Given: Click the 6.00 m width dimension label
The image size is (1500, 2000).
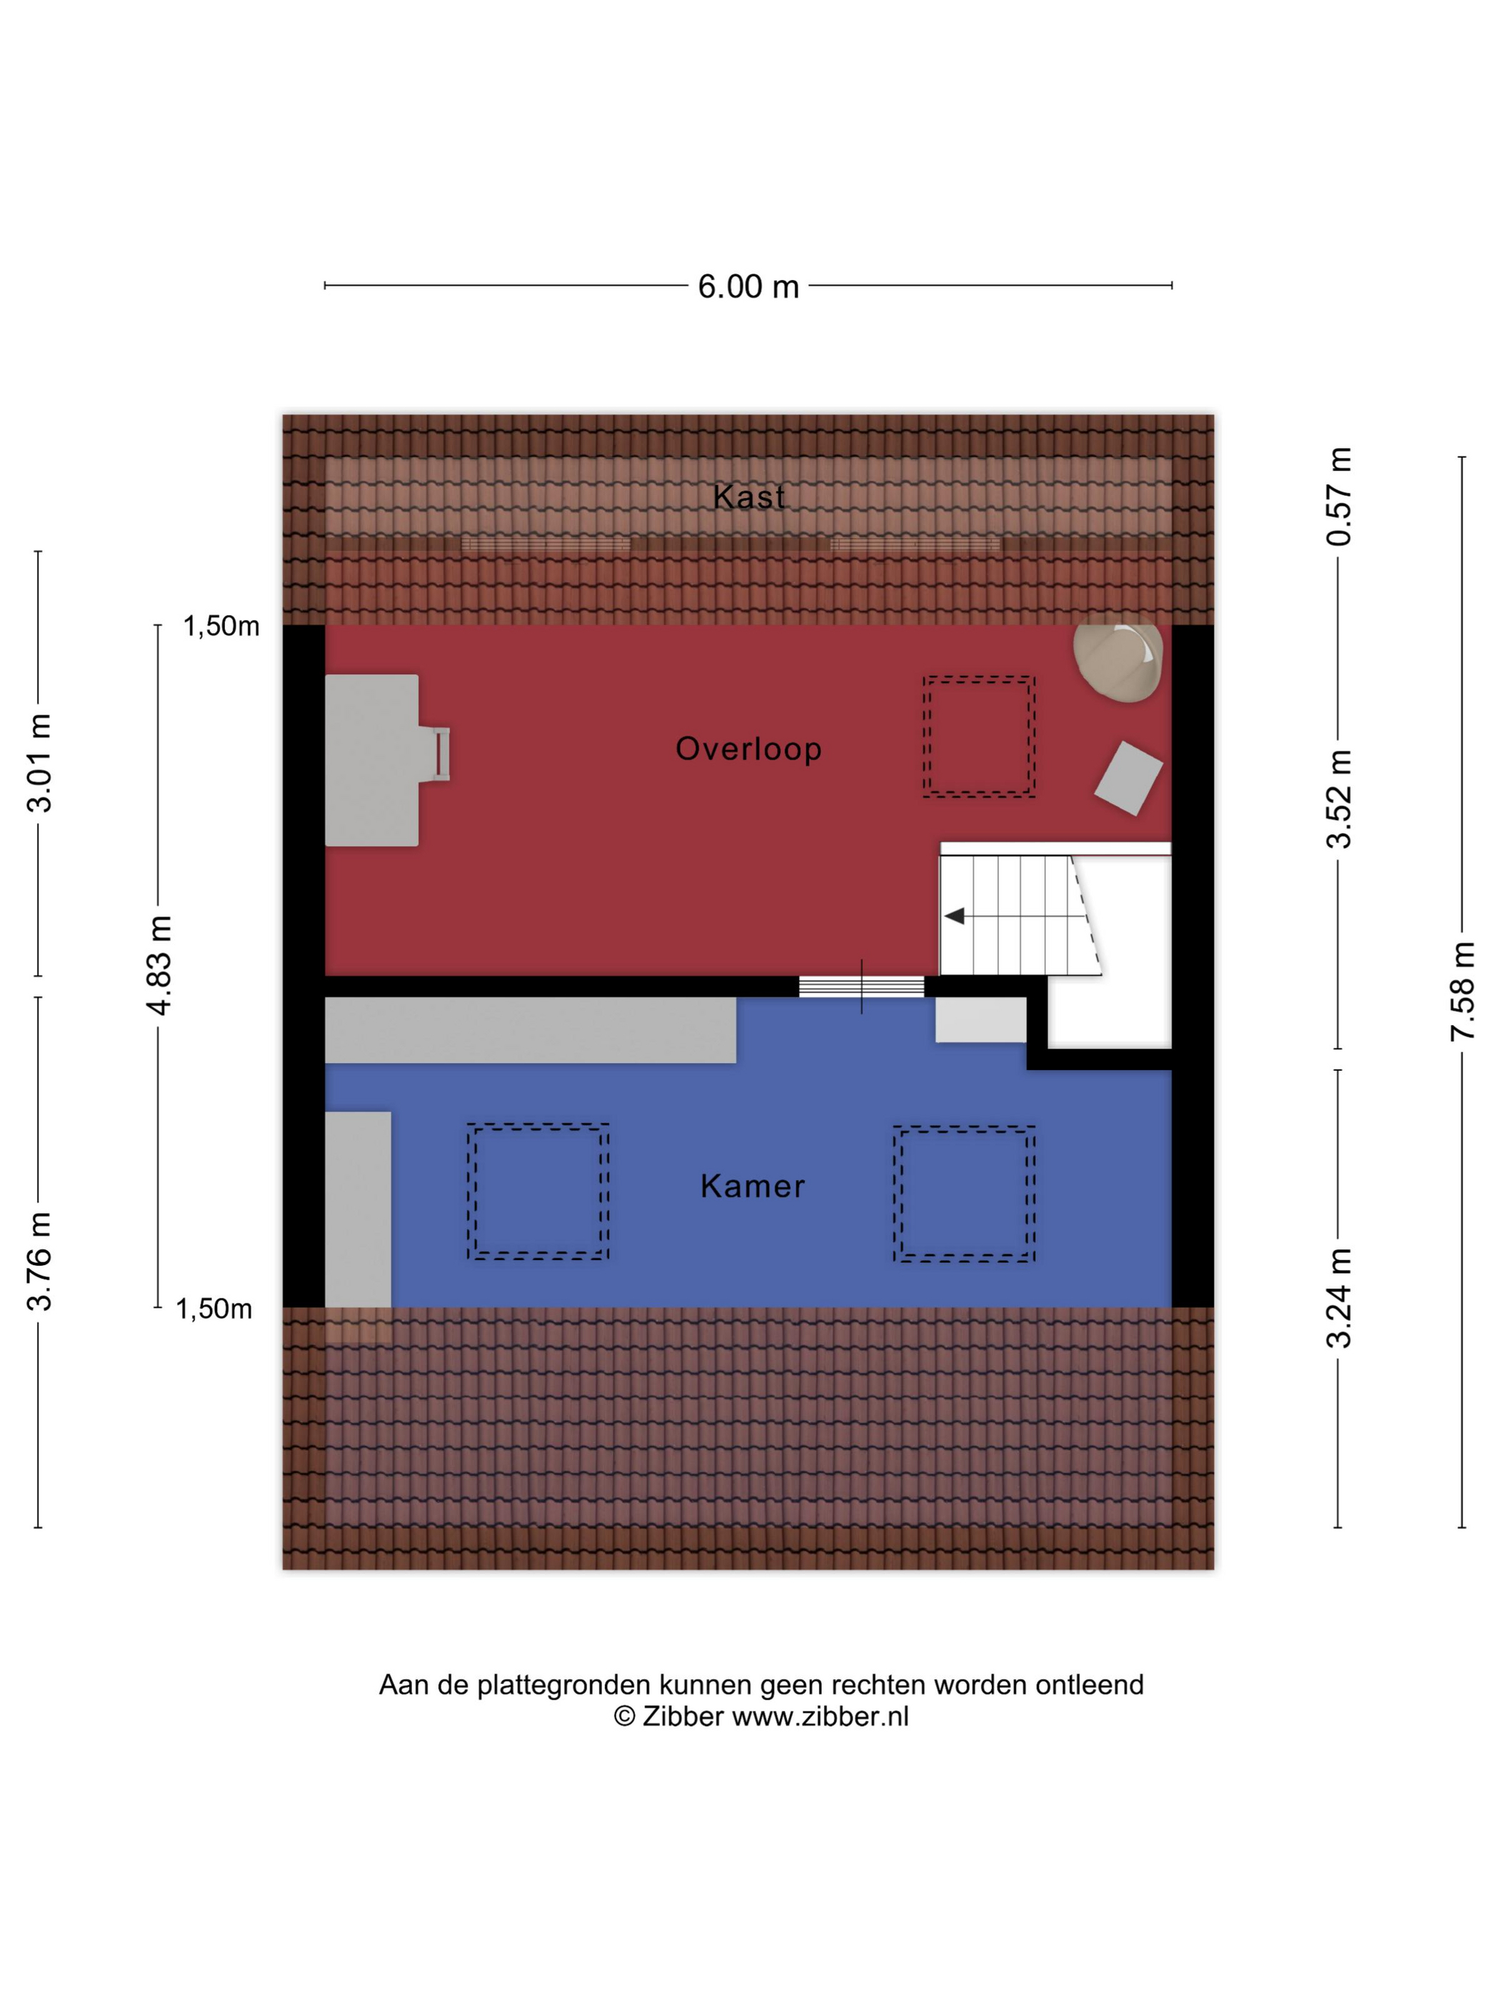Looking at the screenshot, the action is click(x=748, y=286).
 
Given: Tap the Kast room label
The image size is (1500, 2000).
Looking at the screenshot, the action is click(x=749, y=496).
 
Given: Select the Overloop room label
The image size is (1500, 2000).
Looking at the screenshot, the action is click(x=749, y=749).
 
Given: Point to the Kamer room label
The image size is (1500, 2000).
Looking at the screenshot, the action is click(x=752, y=1185).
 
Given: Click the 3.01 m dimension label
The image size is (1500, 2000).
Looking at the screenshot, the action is click(x=40, y=763).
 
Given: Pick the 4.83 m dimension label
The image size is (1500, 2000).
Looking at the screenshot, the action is click(x=160, y=965).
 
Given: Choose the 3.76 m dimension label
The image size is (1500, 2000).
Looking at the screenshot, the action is click(x=40, y=1261).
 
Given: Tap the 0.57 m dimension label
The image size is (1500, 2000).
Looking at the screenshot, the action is click(x=1339, y=496).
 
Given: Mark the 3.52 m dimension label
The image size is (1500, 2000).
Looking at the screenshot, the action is click(x=1339, y=799).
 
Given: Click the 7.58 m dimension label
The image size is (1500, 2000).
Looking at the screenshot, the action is click(x=1462, y=991).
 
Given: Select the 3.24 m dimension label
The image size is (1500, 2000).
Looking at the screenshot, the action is click(x=1339, y=1297).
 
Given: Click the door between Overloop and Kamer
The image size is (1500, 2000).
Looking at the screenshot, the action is click(x=861, y=986).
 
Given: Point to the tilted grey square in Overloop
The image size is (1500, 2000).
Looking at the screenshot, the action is click(x=1129, y=779).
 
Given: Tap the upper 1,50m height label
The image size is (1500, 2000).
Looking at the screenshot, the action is click(x=221, y=626).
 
